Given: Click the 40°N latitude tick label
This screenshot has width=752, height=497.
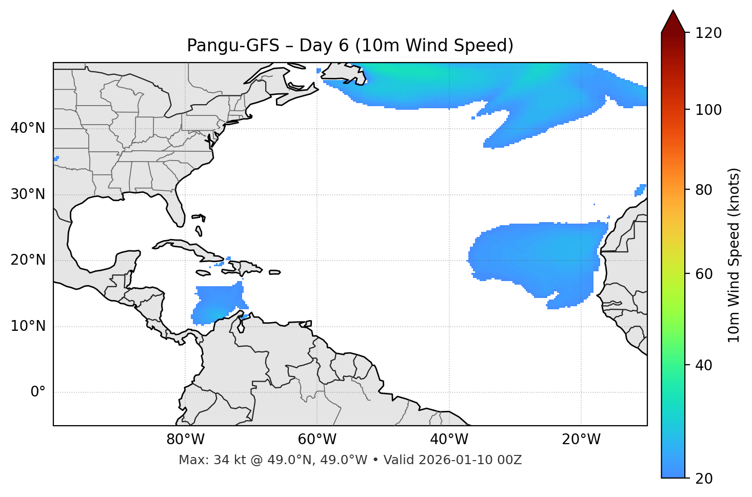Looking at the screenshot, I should pos(28,128).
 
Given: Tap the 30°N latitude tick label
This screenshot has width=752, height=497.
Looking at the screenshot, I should pos(28,194).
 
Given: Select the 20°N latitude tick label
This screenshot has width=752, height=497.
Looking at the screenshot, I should pos(28,260).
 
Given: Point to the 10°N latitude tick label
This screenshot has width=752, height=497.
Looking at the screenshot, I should pos(28,326).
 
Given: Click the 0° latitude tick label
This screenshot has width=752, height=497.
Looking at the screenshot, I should pos(38,392).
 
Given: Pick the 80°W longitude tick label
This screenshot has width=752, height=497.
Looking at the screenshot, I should pos(185,440).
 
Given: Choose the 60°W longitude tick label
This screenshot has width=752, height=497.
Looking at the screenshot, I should pos(317,440).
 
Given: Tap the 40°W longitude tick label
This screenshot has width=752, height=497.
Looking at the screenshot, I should pos(449,440).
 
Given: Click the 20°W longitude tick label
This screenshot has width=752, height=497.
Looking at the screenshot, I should pos(581,440).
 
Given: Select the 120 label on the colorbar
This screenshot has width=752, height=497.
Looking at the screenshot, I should pos(709,33).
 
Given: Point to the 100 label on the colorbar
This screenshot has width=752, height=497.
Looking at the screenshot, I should pos(709,110).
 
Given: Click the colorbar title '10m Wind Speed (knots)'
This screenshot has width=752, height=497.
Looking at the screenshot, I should pos(734,255).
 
